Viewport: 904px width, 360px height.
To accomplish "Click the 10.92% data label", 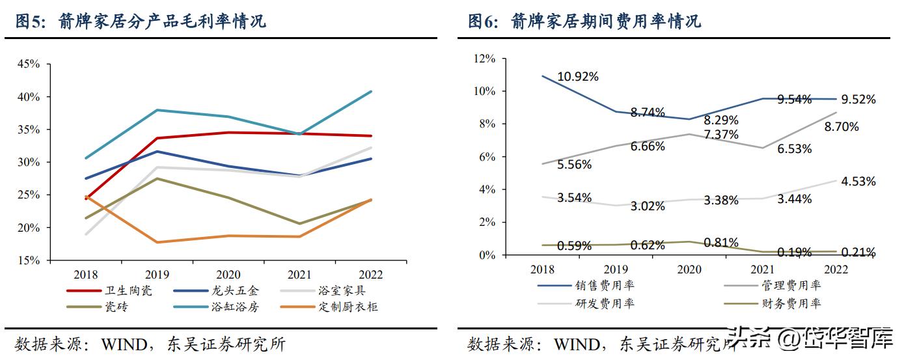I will (578, 77).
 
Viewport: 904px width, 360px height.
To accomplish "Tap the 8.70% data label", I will (841, 128).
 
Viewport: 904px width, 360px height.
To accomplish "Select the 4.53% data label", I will (858, 182).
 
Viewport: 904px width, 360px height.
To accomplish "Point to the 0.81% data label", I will (720, 243).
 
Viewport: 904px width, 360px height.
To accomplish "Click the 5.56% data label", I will (574, 165).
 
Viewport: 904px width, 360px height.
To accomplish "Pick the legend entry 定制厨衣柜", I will (349, 307).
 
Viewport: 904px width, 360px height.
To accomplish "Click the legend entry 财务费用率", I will (791, 303).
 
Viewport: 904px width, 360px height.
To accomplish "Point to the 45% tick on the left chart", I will (29, 64).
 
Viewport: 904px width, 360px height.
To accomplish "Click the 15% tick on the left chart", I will (29, 260).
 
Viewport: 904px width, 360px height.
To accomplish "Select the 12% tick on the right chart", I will (484, 59).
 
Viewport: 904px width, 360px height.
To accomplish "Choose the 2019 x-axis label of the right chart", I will (616, 269).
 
